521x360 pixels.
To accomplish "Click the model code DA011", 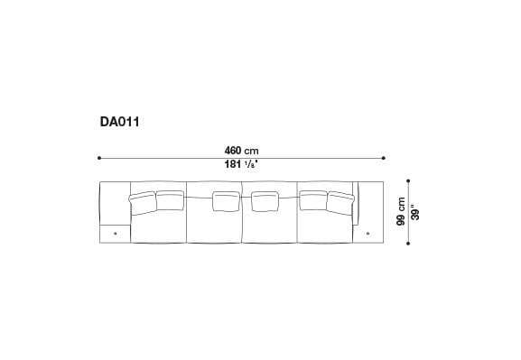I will coord(119,118).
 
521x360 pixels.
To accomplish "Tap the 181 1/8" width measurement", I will coord(240,163).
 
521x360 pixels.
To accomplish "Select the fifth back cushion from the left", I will coord(312,199).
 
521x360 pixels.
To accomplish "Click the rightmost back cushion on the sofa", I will coord(339,202).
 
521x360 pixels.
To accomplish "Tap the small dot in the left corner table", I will coord(115,235).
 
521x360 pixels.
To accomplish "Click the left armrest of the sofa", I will coord(114,202).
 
